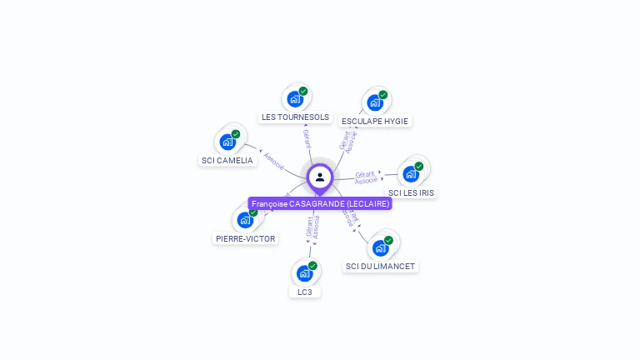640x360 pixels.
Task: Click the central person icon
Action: pos(320,177)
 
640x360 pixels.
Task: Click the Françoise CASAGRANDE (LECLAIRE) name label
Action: pos(320,204)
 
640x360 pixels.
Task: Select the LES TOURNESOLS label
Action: pos(295,117)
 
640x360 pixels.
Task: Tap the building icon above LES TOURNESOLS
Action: pos(294,99)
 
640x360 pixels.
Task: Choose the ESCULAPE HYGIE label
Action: pos(375,121)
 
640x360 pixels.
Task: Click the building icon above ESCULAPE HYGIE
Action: pos(374,103)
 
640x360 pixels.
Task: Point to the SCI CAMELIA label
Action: pos(227,160)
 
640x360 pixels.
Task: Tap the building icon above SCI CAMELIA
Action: pos(227,142)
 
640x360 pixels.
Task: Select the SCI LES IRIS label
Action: pos(411,192)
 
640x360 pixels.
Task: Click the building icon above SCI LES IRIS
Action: pos(410,174)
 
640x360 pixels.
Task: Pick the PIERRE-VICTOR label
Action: pos(245,238)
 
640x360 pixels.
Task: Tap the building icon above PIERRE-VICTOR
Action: pos(244,220)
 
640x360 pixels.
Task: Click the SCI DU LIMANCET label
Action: pos(380,266)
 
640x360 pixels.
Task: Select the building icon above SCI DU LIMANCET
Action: pos(380,248)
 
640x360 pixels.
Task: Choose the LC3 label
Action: pos(304,292)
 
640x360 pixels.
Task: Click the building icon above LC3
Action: pos(304,273)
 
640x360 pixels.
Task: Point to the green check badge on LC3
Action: pos(312,266)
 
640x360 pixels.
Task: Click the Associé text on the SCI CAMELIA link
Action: pos(273,160)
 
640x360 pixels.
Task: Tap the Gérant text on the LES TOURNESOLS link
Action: pos(306,138)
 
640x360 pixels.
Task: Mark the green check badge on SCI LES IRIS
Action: pos(419,167)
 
